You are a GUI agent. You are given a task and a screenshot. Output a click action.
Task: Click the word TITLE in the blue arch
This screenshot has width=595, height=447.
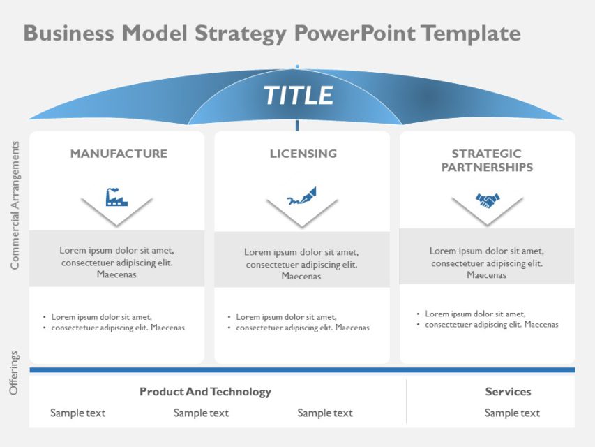click(x=298, y=96)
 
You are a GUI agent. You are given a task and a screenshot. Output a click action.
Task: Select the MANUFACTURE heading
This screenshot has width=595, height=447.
click(x=119, y=154)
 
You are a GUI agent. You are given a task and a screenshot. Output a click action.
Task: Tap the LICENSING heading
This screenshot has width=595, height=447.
click(x=303, y=154)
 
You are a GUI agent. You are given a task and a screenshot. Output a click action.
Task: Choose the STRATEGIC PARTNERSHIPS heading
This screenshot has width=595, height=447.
click(x=487, y=161)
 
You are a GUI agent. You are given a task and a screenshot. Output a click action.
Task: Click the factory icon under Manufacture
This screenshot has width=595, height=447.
click(x=116, y=197)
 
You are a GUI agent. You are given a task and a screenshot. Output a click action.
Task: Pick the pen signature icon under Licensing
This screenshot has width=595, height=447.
click(x=302, y=197)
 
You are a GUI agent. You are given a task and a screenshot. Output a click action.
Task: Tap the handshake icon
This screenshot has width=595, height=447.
click(x=487, y=200)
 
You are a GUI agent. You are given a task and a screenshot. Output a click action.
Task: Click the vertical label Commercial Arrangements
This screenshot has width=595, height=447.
click(x=15, y=205)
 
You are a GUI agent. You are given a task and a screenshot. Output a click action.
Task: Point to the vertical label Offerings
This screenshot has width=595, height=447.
click(x=15, y=373)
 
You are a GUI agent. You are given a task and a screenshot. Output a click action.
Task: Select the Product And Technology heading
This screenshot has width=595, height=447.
click(x=205, y=392)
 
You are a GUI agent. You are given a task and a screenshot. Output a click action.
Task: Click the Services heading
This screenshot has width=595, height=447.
click(x=508, y=392)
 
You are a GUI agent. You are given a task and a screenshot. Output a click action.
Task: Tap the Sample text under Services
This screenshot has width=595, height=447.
click(x=512, y=413)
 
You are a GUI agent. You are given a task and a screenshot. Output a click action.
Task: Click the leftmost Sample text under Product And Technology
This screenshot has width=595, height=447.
click(x=77, y=413)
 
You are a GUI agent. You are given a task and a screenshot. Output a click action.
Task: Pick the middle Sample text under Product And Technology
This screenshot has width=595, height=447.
click(x=201, y=413)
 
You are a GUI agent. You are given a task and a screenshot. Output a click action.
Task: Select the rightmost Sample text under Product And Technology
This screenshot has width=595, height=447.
click(x=325, y=413)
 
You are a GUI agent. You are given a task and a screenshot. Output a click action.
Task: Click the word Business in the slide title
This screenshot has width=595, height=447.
click(x=69, y=33)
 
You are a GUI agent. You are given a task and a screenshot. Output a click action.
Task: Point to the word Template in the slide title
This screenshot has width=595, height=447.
click(x=471, y=33)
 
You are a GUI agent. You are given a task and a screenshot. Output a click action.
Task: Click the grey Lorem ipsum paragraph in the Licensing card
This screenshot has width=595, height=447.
click(x=301, y=264)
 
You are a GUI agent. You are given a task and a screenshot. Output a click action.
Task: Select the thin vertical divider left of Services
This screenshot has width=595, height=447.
click(x=406, y=402)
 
